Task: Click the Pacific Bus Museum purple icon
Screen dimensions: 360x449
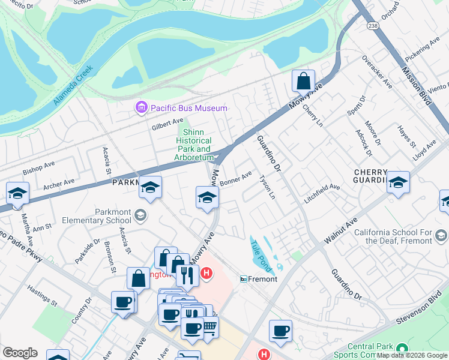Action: click(142, 108)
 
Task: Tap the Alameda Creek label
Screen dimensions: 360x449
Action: click(74, 85)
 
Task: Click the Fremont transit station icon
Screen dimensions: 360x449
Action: click(244, 279)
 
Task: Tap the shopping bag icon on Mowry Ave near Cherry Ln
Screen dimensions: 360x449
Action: click(304, 80)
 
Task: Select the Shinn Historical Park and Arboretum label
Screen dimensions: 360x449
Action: click(194, 145)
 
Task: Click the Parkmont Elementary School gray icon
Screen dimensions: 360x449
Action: click(140, 215)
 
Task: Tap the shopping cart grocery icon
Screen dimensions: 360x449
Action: click(209, 327)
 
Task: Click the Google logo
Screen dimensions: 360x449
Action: click(20, 353)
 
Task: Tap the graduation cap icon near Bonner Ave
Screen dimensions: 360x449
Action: click(206, 197)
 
